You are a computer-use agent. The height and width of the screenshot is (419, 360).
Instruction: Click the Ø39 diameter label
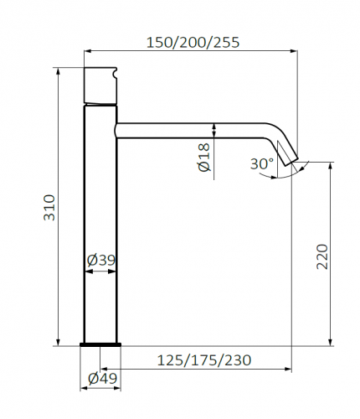tap(101, 261)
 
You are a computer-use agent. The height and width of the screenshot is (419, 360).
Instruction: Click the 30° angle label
tap(260, 163)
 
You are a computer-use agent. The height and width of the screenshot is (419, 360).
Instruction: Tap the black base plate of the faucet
tap(101, 344)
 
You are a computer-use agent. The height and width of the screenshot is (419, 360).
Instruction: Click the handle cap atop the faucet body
tap(101, 85)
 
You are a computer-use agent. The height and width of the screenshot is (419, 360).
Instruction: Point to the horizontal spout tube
tap(193, 130)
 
